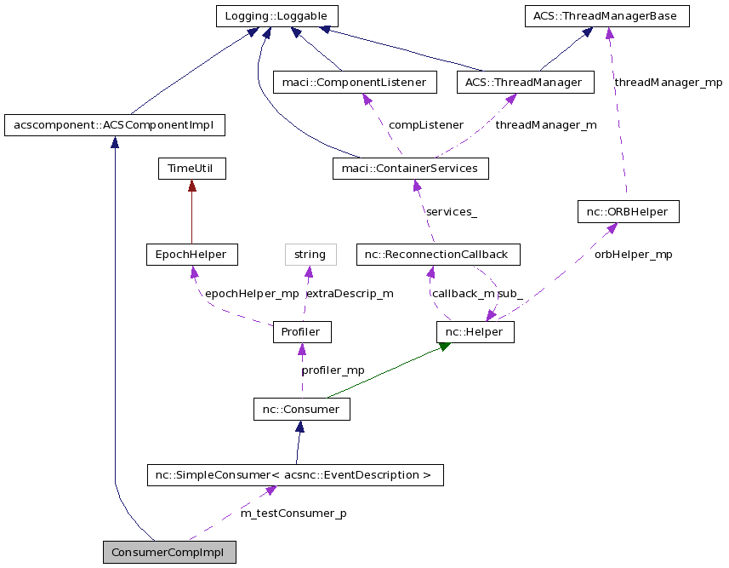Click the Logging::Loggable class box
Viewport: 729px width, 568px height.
pos(276,16)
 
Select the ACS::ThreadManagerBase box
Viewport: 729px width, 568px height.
pos(606,16)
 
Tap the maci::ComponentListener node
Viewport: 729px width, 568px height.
pos(355,83)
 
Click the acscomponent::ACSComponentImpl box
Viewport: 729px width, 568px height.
pos(115,126)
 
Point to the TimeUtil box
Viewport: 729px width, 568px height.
pos(191,169)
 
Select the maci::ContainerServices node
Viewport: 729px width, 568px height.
pos(411,169)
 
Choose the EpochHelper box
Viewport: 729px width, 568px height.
pos(191,255)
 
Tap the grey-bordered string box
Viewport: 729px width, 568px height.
pos(310,255)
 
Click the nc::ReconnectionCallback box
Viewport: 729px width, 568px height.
pos(436,255)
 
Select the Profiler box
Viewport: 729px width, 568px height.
pos(301,332)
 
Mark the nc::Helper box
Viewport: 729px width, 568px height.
pos(475,332)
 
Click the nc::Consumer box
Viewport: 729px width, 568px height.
pos(301,410)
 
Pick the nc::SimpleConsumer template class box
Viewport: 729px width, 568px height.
pos(295,475)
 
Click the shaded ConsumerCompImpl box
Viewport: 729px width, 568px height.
pos(168,552)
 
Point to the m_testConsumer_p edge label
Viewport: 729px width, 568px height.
pos(293,513)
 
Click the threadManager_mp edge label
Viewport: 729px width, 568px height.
pos(668,83)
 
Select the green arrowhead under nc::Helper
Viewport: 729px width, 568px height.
pos(443,347)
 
